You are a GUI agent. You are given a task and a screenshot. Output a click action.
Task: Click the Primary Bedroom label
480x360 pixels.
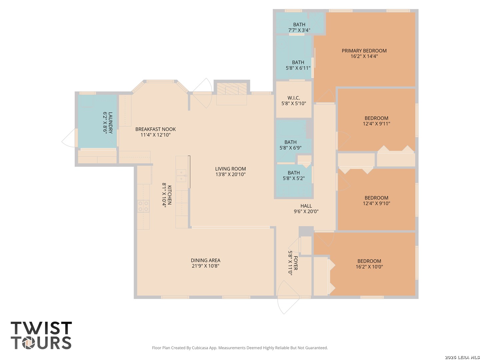click(364, 51)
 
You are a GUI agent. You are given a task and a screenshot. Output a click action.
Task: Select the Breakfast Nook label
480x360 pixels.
click(155, 129)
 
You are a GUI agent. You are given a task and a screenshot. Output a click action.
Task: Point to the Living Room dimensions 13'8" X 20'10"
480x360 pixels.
click(230, 174)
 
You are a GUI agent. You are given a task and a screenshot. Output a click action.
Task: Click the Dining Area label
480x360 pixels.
click(205, 260)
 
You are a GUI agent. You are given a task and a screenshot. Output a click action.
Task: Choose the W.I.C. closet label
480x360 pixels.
click(293, 98)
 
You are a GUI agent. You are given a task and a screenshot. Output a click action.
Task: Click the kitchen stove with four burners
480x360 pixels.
click(143, 206)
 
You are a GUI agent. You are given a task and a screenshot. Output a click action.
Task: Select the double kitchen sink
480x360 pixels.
click(181, 176)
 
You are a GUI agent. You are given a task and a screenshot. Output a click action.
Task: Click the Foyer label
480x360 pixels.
click(295, 263)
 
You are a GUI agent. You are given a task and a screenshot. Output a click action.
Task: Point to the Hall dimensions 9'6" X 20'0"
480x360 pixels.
click(306, 211)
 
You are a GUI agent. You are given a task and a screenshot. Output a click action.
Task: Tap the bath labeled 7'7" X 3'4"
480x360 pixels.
click(299, 27)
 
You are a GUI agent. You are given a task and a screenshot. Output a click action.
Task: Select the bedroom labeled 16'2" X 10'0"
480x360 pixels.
click(369, 264)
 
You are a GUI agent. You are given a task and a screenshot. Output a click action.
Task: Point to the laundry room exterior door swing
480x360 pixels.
click(69, 138)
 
